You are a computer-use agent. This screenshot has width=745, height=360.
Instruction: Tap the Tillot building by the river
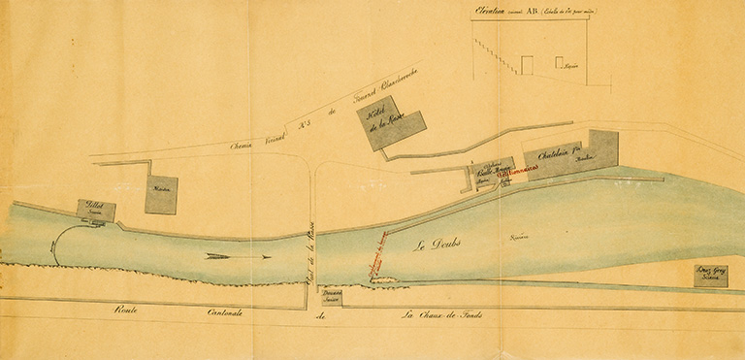click(96, 211)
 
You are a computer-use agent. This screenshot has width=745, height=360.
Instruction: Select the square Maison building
click(161, 194)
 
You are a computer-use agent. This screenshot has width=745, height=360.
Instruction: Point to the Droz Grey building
click(711, 275)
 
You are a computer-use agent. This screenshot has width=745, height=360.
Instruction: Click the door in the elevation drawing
click(527, 64)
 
